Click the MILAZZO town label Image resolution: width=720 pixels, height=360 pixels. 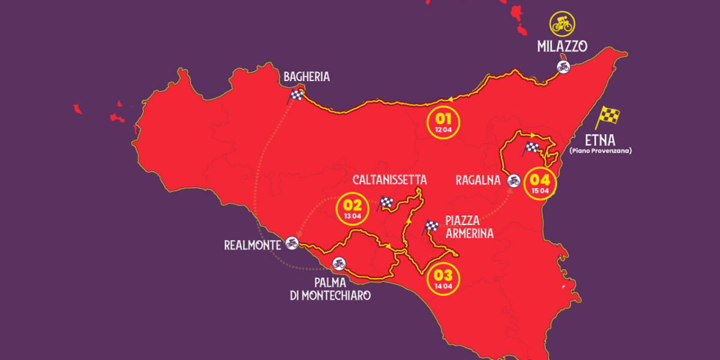click(x=562, y=47)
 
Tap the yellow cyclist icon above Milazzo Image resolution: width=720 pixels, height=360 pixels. click(x=563, y=23)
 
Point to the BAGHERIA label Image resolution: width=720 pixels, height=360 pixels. click(x=307, y=77)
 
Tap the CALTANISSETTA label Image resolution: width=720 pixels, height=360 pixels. click(x=389, y=180)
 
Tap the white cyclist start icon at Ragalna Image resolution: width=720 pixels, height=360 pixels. click(x=513, y=180)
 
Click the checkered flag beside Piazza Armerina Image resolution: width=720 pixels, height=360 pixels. click(x=431, y=227)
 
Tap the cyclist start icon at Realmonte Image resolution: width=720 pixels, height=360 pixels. click(x=292, y=242)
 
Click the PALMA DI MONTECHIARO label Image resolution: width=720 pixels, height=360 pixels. click(x=330, y=288)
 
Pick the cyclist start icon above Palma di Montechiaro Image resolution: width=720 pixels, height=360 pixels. click(x=338, y=263)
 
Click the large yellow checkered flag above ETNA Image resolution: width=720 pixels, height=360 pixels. click(x=607, y=116)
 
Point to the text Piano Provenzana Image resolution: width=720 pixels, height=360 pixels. click(x=600, y=151)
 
